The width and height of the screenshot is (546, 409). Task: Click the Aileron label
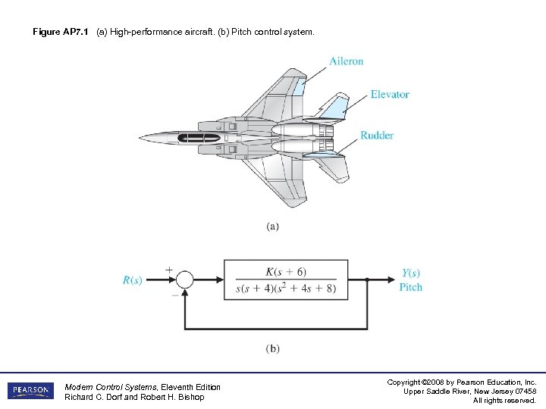pyautogui.click(x=347, y=61)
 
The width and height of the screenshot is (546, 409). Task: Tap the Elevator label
pyautogui.click(x=390, y=95)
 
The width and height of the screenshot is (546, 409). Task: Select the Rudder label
pyautogui.click(x=377, y=136)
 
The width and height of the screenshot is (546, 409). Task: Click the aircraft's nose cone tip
pyautogui.click(x=140, y=138)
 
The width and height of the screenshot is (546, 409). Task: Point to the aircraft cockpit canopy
pyautogui.click(x=198, y=138)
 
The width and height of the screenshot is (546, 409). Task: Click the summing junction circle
pyautogui.click(x=184, y=280)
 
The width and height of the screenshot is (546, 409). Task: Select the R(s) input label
pyautogui.click(x=133, y=280)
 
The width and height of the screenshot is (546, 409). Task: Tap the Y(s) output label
pyautogui.click(x=411, y=273)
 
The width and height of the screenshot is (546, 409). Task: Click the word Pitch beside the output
pyautogui.click(x=411, y=287)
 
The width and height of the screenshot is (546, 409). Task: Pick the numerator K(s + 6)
pyautogui.click(x=286, y=271)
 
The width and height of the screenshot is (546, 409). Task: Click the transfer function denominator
pyautogui.click(x=286, y=289)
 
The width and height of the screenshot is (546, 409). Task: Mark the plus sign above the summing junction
pyautogui.click(x=168, y=268)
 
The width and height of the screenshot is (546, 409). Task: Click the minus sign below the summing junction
pyautogui.click(x=175, y=295)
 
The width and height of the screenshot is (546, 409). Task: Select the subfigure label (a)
pyautogui.click(x=272, y=226)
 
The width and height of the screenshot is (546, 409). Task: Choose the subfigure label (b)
pyautogui.click(x=272, y=348)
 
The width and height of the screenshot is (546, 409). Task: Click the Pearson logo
pyautogui.click(x=31, y=391)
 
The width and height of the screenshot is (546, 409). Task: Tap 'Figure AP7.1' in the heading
pyautogui.click(x=62, y=33)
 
